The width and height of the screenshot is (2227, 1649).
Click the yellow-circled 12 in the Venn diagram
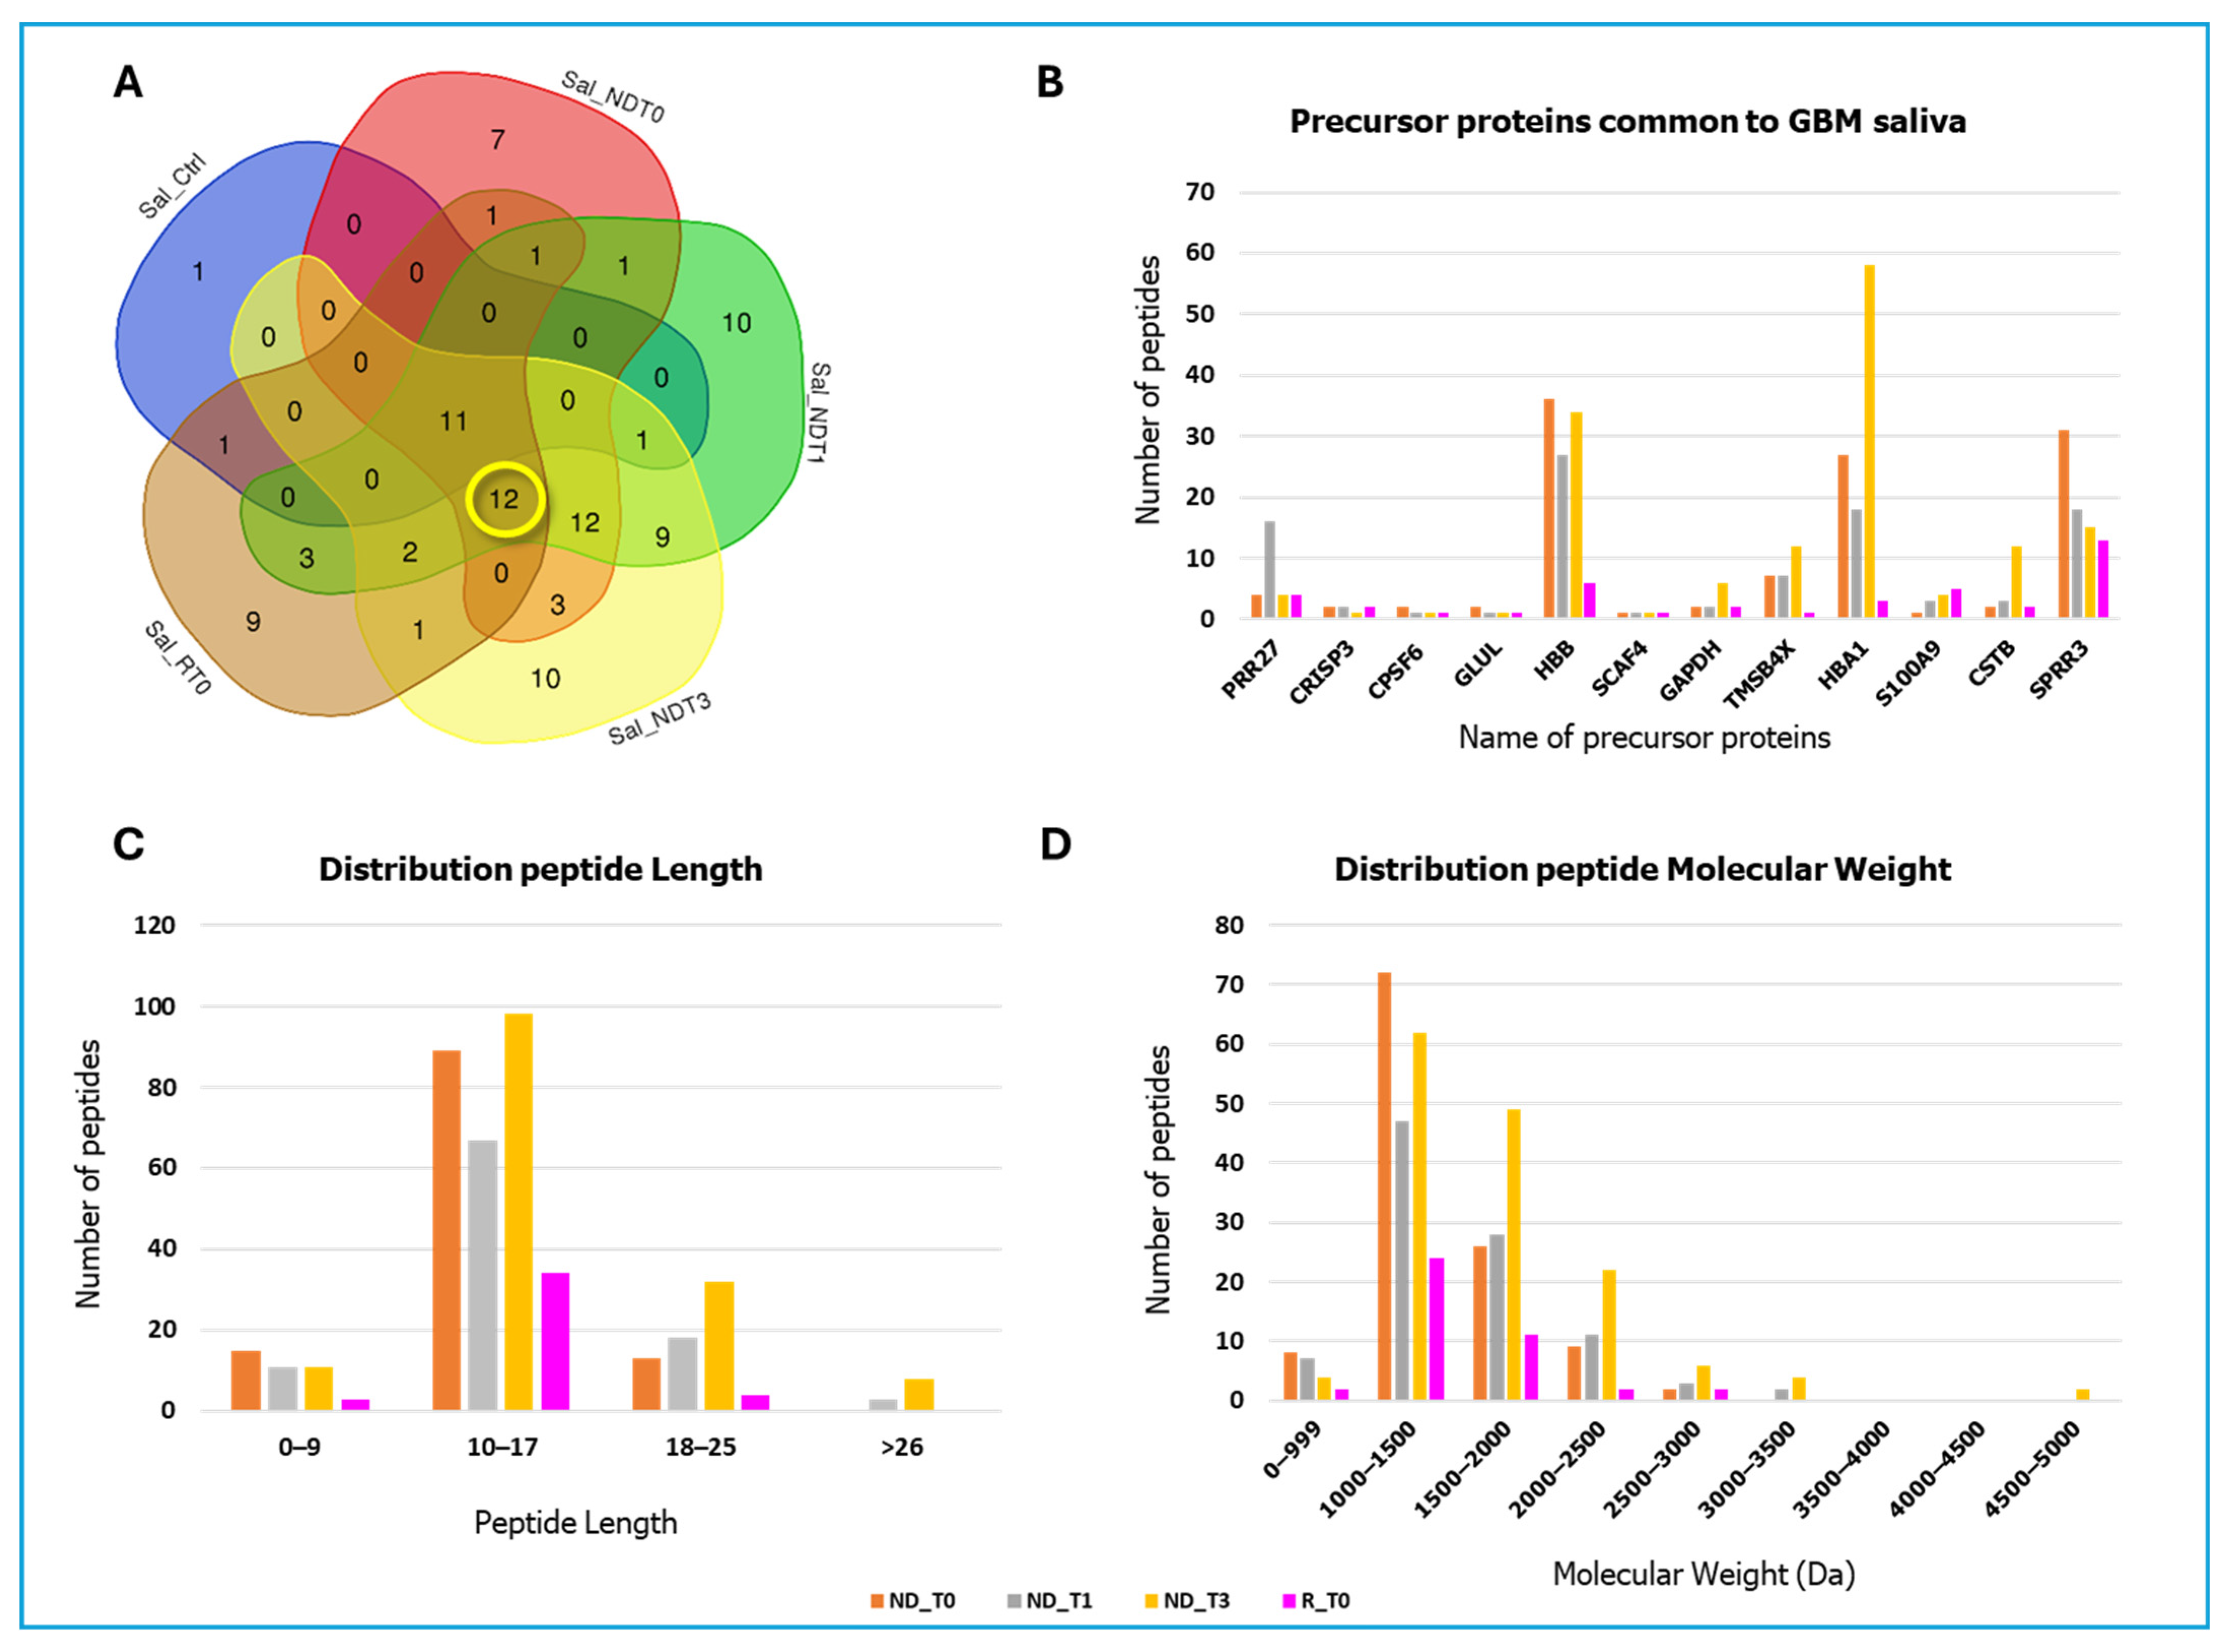[x=504, y=499]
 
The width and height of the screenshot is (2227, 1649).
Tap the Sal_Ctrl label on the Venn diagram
[x=172, y=186]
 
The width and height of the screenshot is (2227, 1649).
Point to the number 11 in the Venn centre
[x=453, y=421]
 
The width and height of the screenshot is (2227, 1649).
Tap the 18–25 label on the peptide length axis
[x=701, y=1447]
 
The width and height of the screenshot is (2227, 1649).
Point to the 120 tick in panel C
[x=155, y=925]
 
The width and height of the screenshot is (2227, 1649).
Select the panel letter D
[x=1055, y=845]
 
